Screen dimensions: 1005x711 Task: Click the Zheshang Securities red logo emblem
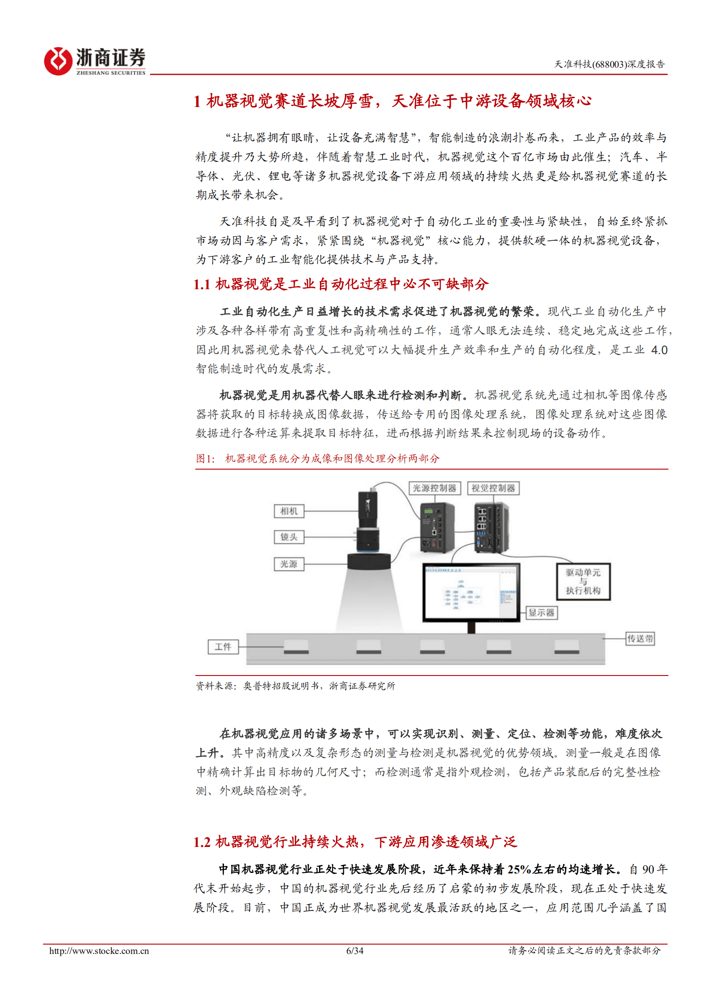point(58,61)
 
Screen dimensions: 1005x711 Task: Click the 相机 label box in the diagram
point(289,511)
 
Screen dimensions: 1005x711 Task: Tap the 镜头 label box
point(289,537)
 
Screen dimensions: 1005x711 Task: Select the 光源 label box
point(289,564)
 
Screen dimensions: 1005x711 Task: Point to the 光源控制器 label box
point(434,488)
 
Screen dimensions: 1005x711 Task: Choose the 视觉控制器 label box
point(493,488)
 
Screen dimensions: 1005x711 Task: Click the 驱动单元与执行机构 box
point(583,582)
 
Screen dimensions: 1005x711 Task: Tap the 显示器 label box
point(541,612)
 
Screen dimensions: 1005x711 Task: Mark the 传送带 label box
point(640,638)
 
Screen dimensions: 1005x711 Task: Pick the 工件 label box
point(223,646)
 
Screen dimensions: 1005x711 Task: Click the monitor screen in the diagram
point(471,592)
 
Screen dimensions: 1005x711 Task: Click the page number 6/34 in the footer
point(355,950)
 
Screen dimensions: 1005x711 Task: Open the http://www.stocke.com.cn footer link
point(99,950)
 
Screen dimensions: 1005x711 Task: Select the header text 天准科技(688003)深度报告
point(609,64)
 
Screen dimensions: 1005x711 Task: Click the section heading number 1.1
point(202,284)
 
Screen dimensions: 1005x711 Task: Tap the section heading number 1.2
point(202,842)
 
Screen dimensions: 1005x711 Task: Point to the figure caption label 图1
point(205,458)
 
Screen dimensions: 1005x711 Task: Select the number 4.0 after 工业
point(659,350)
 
